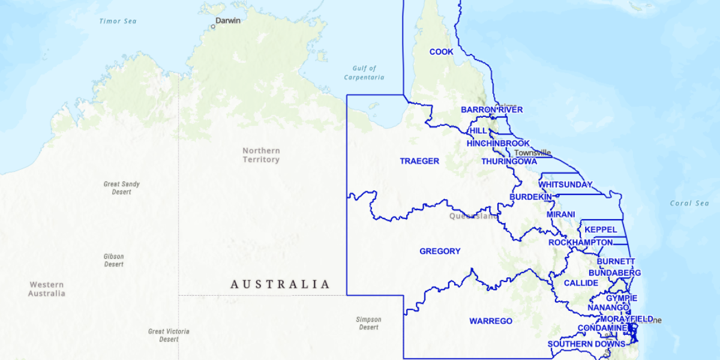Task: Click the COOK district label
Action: pos(442,52)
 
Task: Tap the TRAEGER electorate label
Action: pos(419,161)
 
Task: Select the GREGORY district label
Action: pos(440,251)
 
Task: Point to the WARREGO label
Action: pos(491,322)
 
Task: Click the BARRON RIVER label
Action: pos(491,110)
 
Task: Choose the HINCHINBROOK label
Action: pos(498,144)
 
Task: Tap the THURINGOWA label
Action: pos(509,162)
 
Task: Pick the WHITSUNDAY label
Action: pos(565,185)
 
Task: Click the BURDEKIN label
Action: pos(530,197)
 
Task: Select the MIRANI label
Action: pos(560,215)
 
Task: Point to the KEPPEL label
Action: pos(601,230)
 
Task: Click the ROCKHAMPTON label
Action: pos(580,242)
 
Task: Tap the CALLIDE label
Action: pos(581,283)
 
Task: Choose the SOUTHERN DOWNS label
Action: pos(586,344)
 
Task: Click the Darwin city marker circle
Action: pos(212,26)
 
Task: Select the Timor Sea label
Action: pos(118,22)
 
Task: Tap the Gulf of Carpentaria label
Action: pos(364,73)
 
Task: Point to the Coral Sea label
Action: pos(689,203)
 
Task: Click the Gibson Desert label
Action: pos(114,260)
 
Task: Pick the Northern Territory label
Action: pos(261,155)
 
